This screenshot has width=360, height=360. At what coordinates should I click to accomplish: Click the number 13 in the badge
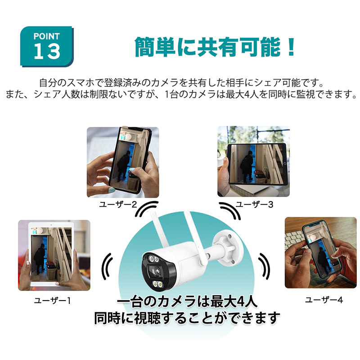(47, 51)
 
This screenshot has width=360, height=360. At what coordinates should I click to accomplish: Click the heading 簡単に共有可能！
(216, 46)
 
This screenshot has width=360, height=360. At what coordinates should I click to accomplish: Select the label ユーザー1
(53, 300)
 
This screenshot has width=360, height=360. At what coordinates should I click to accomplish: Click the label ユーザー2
(118, 204)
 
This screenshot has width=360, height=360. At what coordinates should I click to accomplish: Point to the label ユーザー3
(255, 204)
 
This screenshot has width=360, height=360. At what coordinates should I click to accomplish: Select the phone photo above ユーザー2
(123, 162)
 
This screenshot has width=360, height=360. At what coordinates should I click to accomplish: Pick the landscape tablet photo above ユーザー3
(253, 162)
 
